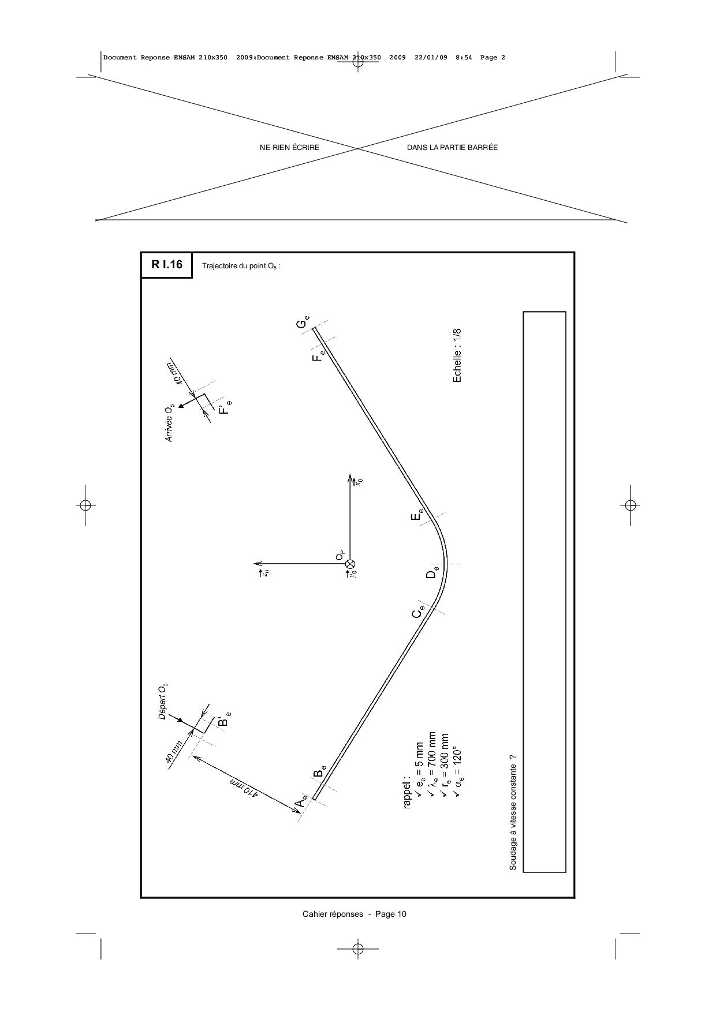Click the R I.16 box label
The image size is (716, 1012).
[167, 265]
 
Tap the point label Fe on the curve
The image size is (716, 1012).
[318, 355]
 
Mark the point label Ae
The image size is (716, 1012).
[303, 803]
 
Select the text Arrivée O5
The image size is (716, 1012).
[169, 424]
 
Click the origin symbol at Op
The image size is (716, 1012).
[350, 564]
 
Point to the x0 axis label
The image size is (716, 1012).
[359, 481]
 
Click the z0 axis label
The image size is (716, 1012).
[265, 572]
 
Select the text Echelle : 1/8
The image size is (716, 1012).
[457, 355]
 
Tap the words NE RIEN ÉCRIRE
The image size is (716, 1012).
[290, 148]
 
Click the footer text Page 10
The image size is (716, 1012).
[391, 914]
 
